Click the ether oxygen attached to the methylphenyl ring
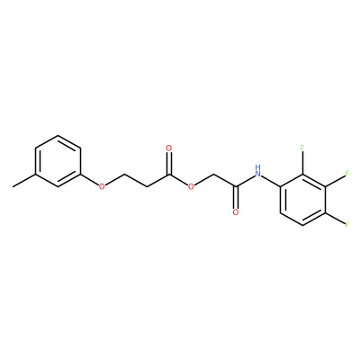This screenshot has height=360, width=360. pyautogui.click(x=103, y=186)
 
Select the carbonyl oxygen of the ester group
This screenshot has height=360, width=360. pyautogui.click(x=169, y=148)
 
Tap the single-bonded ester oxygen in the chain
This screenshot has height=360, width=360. pyautogui.click(x=191, y=186)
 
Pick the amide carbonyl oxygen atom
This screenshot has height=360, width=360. pyautogui.click(x=236, y=212)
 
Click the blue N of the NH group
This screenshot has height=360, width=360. pyautogui.click(x=257, y=174)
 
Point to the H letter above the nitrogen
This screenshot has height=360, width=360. pyautogui.click(x=257, y=166)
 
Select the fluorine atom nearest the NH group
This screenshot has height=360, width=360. pyautogui.click(x=302, y=148)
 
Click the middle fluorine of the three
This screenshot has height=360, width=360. pyautogui.click(x=346, y=174)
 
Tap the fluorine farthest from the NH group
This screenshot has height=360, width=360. pyautogui.click(x=346, y=225)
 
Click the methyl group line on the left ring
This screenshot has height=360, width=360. pyautogui.click(x=24, y=180)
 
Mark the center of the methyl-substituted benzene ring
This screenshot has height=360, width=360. pyautogui.click(x=58, y=161)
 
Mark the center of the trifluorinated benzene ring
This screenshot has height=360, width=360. pyautogui.click(x=302, y=200)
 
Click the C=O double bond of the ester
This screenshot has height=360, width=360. pyautogui.click(x=169, y=163)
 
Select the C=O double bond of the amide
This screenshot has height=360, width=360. pyautogui.click(x=236, y=197)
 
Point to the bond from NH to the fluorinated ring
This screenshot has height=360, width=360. pyautogui.click(x=271, y=181)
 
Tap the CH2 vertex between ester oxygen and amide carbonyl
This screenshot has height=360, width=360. pyautogui.click(x=213, y=174)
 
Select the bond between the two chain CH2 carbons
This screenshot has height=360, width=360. pyautogui.click(x=136, y=180)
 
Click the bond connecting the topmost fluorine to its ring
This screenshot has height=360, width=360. pyautogui.click(x=302, y=163)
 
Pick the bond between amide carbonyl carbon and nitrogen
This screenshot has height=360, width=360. pyautogui.click(x=245, y=181)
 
